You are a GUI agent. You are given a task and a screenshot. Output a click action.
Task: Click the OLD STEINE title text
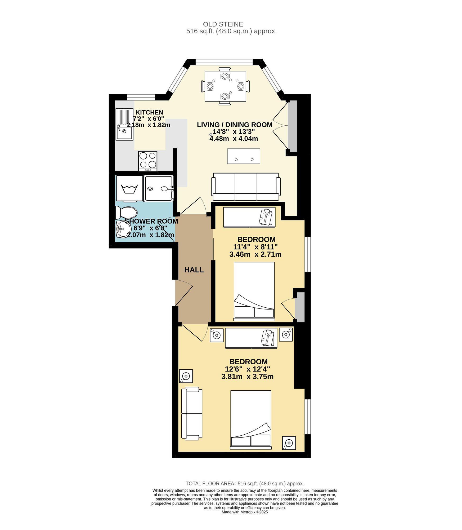coord(223,24)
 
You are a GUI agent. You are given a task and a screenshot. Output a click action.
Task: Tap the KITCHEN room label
coord(149,112)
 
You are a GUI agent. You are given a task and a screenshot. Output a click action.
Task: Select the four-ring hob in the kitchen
coord(148,161)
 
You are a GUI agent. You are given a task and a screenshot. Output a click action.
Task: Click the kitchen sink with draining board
coord(124,124)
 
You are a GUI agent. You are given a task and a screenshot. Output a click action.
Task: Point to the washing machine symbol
coord(129,188)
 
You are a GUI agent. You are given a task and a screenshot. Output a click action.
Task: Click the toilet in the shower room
coord(127,213)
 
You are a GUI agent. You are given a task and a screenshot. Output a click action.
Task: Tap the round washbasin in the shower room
coord(123,229)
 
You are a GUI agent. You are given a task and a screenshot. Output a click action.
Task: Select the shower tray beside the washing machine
coord(159,189)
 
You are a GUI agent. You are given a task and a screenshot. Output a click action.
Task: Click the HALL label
coord(194,270)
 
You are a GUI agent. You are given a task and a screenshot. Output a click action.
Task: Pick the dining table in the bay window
coord(225,86)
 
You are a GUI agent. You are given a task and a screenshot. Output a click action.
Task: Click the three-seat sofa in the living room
coord(246,187)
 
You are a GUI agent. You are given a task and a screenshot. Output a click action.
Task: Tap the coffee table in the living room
coord(244,156)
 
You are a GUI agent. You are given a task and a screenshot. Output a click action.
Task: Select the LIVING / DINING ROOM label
coord(235,125)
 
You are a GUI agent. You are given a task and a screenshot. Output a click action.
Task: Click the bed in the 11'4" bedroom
coord(254,291)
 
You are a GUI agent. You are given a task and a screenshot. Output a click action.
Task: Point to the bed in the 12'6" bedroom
coord(251,420)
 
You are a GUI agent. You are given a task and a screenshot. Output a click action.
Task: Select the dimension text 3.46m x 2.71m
coord(255,254)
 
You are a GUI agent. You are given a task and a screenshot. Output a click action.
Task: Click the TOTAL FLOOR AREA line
coord(245,484)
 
